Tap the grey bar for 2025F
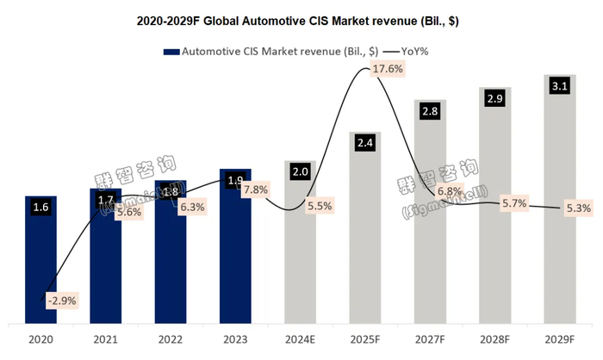364,233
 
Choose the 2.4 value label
364,143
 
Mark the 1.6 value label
40,207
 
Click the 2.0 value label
299,171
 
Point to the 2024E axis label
299,340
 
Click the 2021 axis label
105,340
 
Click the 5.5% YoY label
321,207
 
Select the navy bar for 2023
234,250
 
